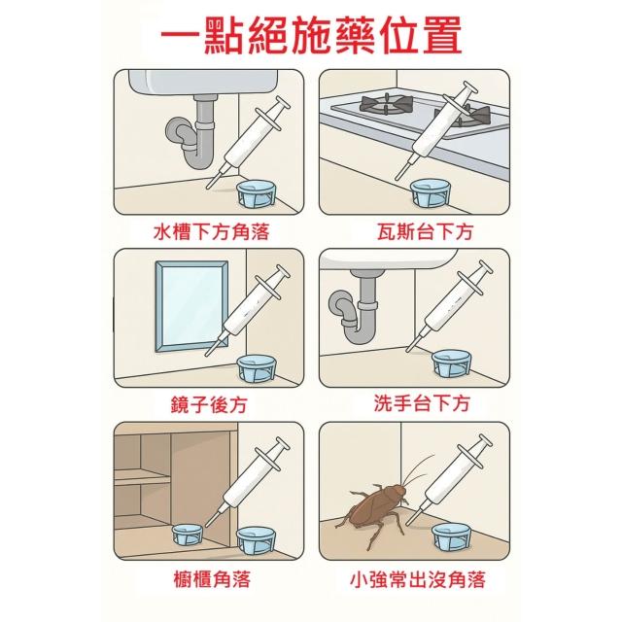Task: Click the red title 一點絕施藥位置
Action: pyautogui.click(x=311, y=35)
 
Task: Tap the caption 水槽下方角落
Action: pyautogui.click(x=212, y=231)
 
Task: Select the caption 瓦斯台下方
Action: pyautogui.click(x=425, y=231)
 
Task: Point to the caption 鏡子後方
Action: pyautogui.click(x=209, y=404)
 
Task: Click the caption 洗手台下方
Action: pyautogui.click(x=422, y=403)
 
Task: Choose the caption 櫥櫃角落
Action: pyautogui.click(x=212, y=579)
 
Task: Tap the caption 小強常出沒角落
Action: pyautogui.click(x=418, y=579)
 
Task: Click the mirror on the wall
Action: pyautogui.click(x=191, y=306)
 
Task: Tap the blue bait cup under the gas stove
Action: pyautogui.click(x=430, y=192)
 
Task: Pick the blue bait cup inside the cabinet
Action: pyautogui.click(x=188, y=534)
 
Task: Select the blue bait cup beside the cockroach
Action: pyautogui.click(x=451, y=536)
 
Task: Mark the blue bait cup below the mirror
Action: pyautogui.click(x=257, y=369)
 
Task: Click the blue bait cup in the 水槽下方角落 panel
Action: pyautogui.click(x=257, y=193)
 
